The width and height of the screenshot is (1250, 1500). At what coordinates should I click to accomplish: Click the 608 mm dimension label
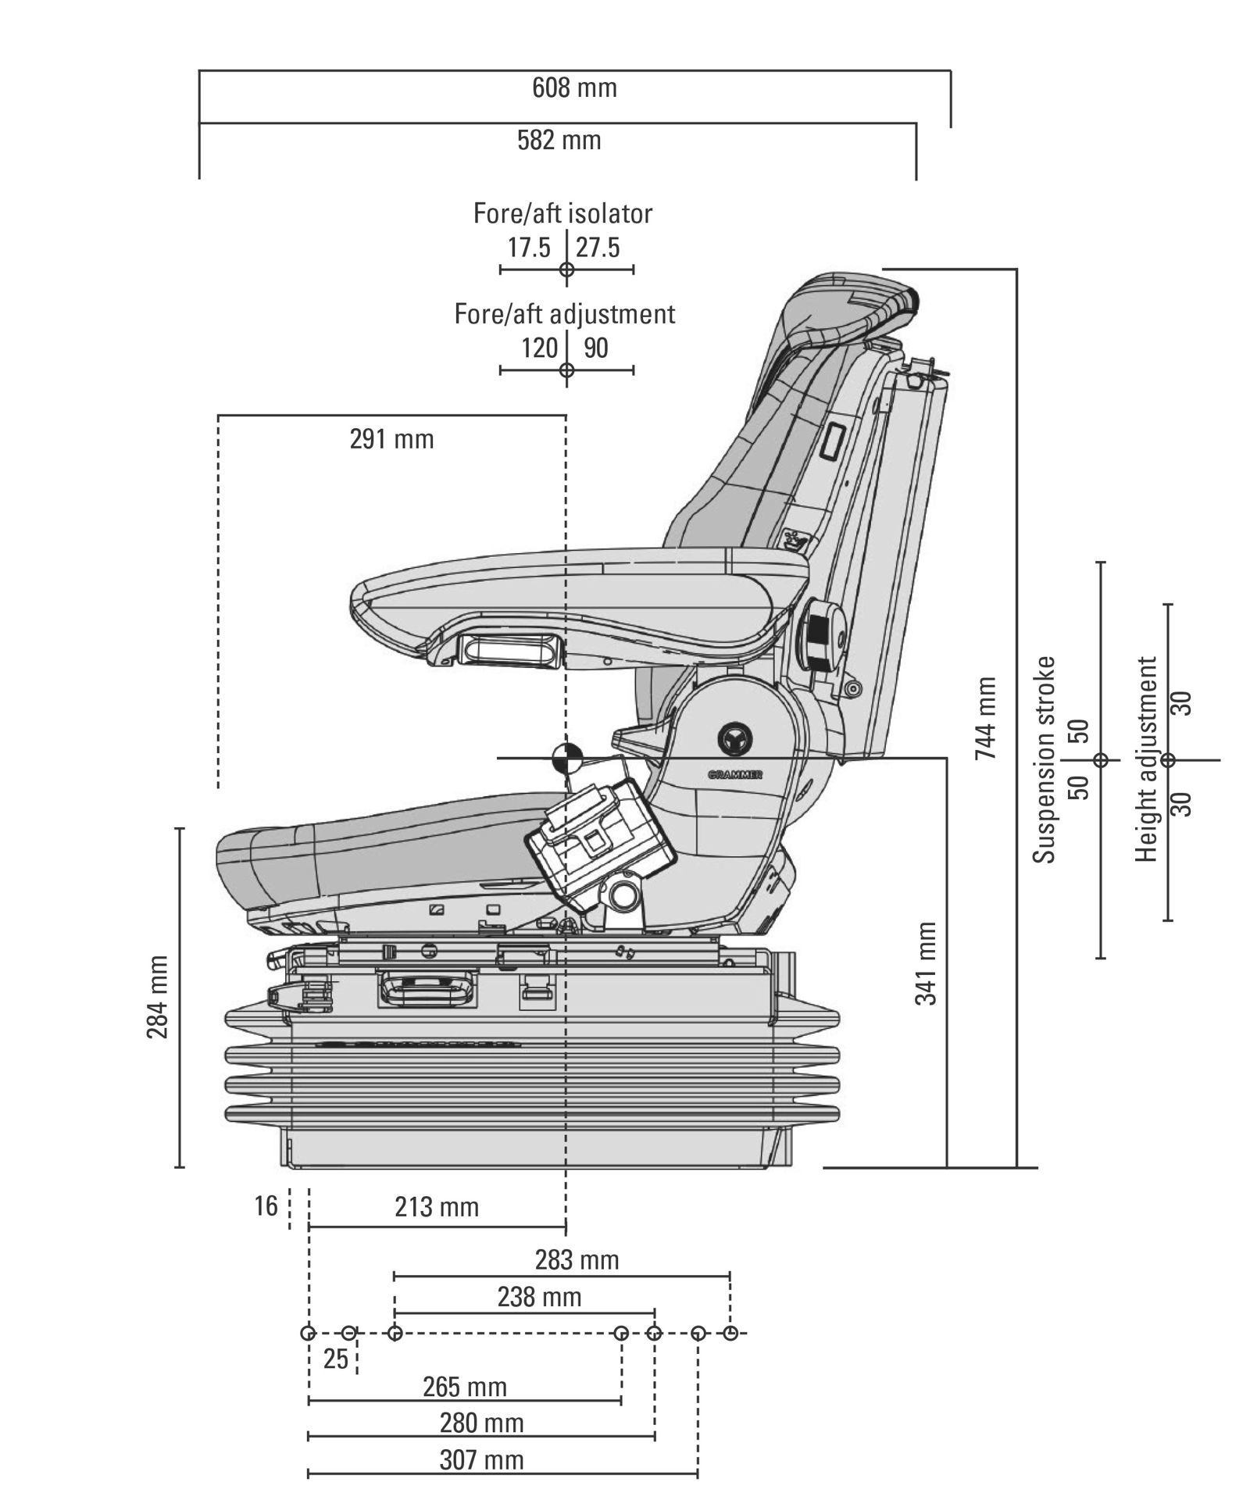pos(574,87)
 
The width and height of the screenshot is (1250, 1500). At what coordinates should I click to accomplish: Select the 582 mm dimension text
pos(559,141)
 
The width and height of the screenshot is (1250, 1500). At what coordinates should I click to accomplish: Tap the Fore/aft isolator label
pos(562,213)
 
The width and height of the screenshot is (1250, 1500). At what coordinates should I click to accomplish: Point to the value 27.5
pos(598,248)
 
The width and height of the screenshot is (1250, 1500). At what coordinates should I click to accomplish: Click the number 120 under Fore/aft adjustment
pos(539,348)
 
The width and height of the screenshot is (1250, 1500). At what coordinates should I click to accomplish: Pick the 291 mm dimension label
pos(391,439)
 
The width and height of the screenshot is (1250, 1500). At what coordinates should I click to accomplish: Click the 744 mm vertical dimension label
pos(986,718)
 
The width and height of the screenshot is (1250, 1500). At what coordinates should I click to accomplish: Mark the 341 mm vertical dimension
pos(926,962)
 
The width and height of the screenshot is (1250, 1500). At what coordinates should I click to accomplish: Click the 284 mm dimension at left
pos(158,997)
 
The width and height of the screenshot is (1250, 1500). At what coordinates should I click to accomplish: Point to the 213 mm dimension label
pos(436,1207)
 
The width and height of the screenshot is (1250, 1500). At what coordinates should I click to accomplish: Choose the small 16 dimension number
pos(266,1206)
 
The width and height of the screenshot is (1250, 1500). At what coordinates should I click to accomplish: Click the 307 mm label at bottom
pos(481,1459)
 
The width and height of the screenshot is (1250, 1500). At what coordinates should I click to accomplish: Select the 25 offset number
pos(335,1359)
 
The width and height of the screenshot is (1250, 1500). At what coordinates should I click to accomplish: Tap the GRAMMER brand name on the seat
pos(734,775)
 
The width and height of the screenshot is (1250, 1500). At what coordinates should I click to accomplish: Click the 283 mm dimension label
pos(577,1260)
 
